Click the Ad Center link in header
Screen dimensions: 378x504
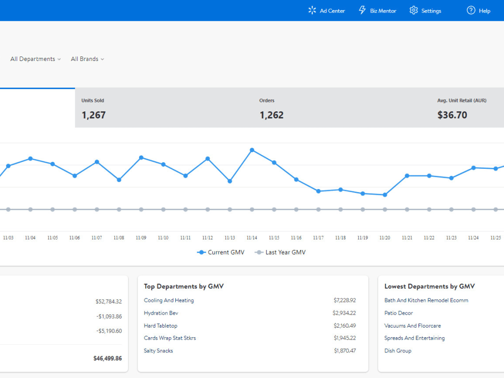pyautogui.click(x=327, y=11)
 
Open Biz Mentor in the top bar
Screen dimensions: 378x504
pyautogui.click(x=377, y=11)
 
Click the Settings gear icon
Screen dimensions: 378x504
pyautogui.click(x=414, y=11)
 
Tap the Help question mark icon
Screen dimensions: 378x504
pyautogui.click(x=471, y=11)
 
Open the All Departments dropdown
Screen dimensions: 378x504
pyautogui.click(x=35, y=59)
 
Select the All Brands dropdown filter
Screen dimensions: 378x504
pyautogui.click(x=87, y=59)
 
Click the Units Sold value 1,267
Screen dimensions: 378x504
pyautogui.click(x=94, y=115)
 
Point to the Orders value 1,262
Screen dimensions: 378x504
pyautogui.click(x=272, y=115)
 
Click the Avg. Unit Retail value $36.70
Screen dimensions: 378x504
pyautogui.click(x=452, y=115)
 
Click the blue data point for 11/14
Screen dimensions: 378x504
pyautogui.click(x=252, y=150)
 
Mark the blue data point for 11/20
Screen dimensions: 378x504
pyautogui.click(x=385, y=195)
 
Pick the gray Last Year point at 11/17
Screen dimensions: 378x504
pyautogui.click(x=319, y=209)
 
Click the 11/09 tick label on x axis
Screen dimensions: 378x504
pyautogui.click(x=141, y=238)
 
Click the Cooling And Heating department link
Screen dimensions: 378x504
pyautogui.click(x=169, y=300)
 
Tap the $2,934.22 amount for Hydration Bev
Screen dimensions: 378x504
pyautogui.click(x=344, y=313)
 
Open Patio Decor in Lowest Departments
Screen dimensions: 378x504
pyautogui.click(x=399, y=313)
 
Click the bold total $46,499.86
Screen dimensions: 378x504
pyautogui.click(x=107, y=358)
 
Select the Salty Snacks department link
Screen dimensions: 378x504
pyautogui.click(x=158, y=351)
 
